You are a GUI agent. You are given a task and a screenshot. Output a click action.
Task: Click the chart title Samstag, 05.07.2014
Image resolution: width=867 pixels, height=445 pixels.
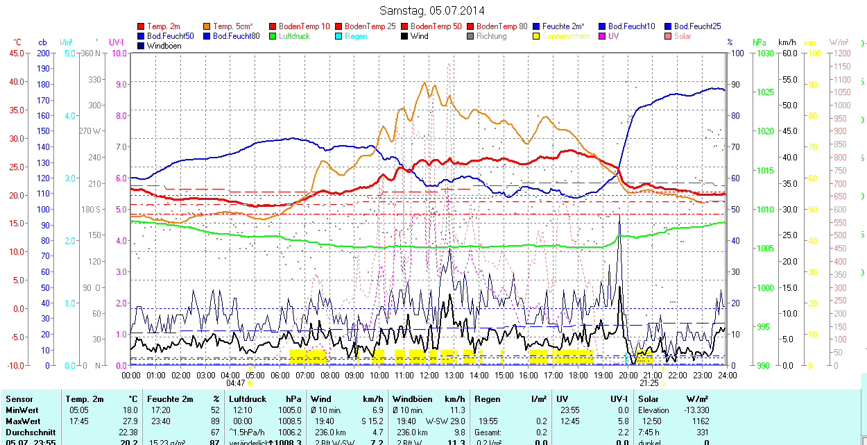coord(432,10)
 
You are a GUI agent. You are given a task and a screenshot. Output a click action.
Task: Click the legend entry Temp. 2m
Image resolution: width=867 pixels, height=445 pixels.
coord(164,26)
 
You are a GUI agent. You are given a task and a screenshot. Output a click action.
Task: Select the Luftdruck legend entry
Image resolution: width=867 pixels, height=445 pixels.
coord(293,36)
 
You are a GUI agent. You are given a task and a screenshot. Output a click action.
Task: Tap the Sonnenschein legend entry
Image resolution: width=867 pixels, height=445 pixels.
coord(566,36)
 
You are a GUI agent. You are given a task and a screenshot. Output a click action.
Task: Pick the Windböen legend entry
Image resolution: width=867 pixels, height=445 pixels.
coord(164,46)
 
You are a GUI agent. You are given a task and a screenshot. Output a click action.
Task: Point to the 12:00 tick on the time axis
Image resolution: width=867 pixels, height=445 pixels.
coord(429,375)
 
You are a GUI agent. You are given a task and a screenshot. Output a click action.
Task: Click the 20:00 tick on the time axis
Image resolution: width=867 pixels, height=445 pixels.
coord(628,375)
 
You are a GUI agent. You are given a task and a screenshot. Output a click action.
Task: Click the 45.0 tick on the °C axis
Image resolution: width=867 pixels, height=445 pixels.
coord(15,53)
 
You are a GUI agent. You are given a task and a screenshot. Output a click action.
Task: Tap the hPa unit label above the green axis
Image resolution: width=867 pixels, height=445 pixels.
coord(759,42)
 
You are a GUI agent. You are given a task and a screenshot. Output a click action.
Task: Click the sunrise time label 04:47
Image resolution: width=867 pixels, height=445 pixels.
coord(236,383)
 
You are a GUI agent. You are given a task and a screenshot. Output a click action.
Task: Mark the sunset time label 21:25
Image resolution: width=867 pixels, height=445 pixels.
coord(649,383)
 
